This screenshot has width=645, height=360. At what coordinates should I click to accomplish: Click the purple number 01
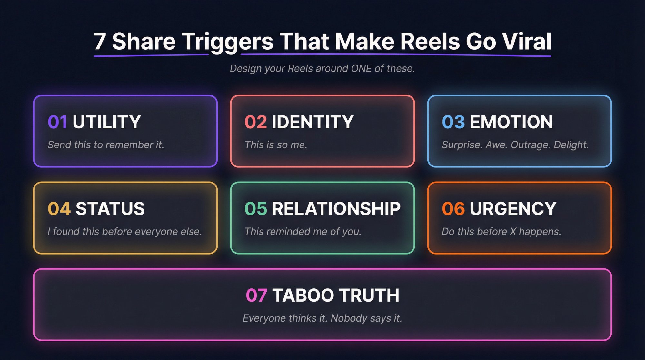click(x=57, y=122)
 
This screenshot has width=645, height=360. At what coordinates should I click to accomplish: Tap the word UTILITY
click(x=107, y=122)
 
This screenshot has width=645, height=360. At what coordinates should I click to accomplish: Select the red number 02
click(x=255, y=122)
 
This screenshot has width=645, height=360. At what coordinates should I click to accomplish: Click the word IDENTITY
click(x=313, y=122)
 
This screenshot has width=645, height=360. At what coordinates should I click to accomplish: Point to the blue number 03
click(x=453, y=122)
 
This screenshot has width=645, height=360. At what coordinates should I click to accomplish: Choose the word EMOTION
click(x=511, y=122)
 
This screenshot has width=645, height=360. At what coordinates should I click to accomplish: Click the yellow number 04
click(x=59, y=209)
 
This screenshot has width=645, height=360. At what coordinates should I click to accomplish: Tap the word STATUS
click(x=110, y=209)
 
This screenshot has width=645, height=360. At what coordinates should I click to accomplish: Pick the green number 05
click(x=255, y=209)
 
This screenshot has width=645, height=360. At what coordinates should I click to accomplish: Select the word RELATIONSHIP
click(x=336, y=209)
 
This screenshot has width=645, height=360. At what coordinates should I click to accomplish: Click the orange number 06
click(x=453, y=209)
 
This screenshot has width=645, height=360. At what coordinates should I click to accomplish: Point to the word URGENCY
click(x=513, y=209)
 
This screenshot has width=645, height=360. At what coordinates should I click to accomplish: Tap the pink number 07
click(x=256, y=295)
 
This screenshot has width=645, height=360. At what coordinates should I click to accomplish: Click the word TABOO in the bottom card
click(x=303, y=295)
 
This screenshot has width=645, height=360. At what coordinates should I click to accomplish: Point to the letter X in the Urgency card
click(x=513, y=232)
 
